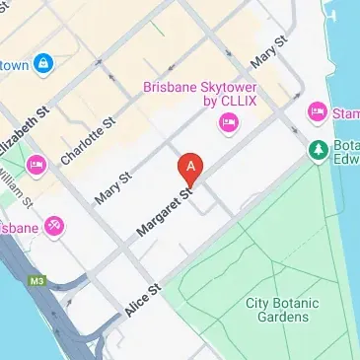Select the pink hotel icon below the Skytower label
[228, 124]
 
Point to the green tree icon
[318, 150]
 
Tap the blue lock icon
[43, 65]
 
